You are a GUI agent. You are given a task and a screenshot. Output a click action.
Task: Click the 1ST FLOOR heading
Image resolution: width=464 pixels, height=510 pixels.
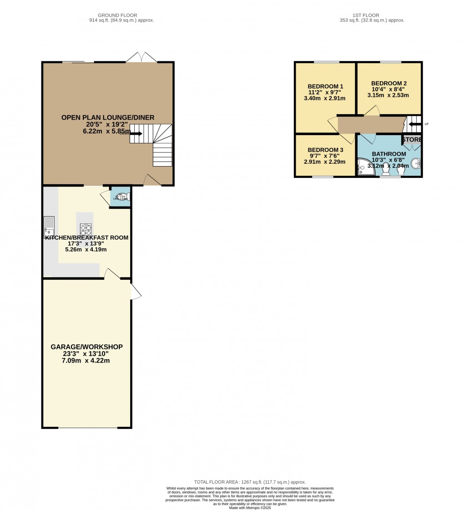click(372, 15)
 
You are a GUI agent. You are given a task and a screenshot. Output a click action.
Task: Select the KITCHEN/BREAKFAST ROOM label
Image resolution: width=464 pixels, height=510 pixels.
click(86, 237)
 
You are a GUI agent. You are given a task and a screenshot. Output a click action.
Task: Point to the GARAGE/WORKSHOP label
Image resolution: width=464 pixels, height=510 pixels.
click(86, 347)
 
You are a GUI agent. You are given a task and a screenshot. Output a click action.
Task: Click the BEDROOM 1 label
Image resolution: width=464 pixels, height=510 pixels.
click(325, 86)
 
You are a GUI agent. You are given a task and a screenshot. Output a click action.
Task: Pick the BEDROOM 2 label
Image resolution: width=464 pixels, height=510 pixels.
click(389, 83)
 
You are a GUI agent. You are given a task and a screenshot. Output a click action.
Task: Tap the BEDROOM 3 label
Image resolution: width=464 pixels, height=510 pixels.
click(325, 150)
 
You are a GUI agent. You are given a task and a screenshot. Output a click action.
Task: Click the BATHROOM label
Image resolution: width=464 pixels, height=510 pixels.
click(388, 154)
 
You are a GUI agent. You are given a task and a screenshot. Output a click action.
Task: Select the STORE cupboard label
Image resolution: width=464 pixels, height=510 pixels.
click(412, 139)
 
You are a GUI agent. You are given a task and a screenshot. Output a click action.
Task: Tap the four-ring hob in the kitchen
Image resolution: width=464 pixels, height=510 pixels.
click(86, 228)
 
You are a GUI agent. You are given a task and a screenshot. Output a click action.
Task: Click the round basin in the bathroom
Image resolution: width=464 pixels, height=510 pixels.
click(415, 164)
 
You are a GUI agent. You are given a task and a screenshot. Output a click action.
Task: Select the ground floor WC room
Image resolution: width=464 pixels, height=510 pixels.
click(121, 196)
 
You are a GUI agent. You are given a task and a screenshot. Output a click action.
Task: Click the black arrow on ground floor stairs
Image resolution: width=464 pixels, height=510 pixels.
click(136, 134)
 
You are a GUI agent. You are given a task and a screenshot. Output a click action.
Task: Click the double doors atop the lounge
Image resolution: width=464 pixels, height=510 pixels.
click(142, 58)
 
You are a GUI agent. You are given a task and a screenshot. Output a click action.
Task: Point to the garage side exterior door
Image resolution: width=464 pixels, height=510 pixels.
click(135, 292)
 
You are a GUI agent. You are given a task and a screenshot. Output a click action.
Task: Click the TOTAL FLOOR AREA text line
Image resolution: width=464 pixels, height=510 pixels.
click(250, 482)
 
